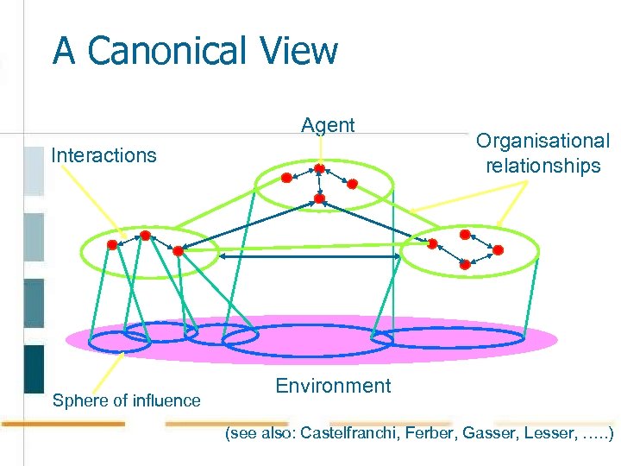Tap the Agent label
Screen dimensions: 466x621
tap(328, 125)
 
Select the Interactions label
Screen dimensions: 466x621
tap(103, 155)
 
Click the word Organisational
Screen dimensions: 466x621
tap(543, 141)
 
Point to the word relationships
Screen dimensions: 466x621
tap(543, 166)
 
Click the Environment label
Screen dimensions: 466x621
tap(333, 386)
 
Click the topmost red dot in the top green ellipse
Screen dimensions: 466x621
tap(319, 168)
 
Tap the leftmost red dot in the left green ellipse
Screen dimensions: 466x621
tap(112, 245)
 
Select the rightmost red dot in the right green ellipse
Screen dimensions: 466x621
tap(497, 249)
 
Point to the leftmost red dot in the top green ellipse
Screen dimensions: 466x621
tap(286, 178)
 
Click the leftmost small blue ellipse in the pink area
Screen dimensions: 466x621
tap(120, 343)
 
